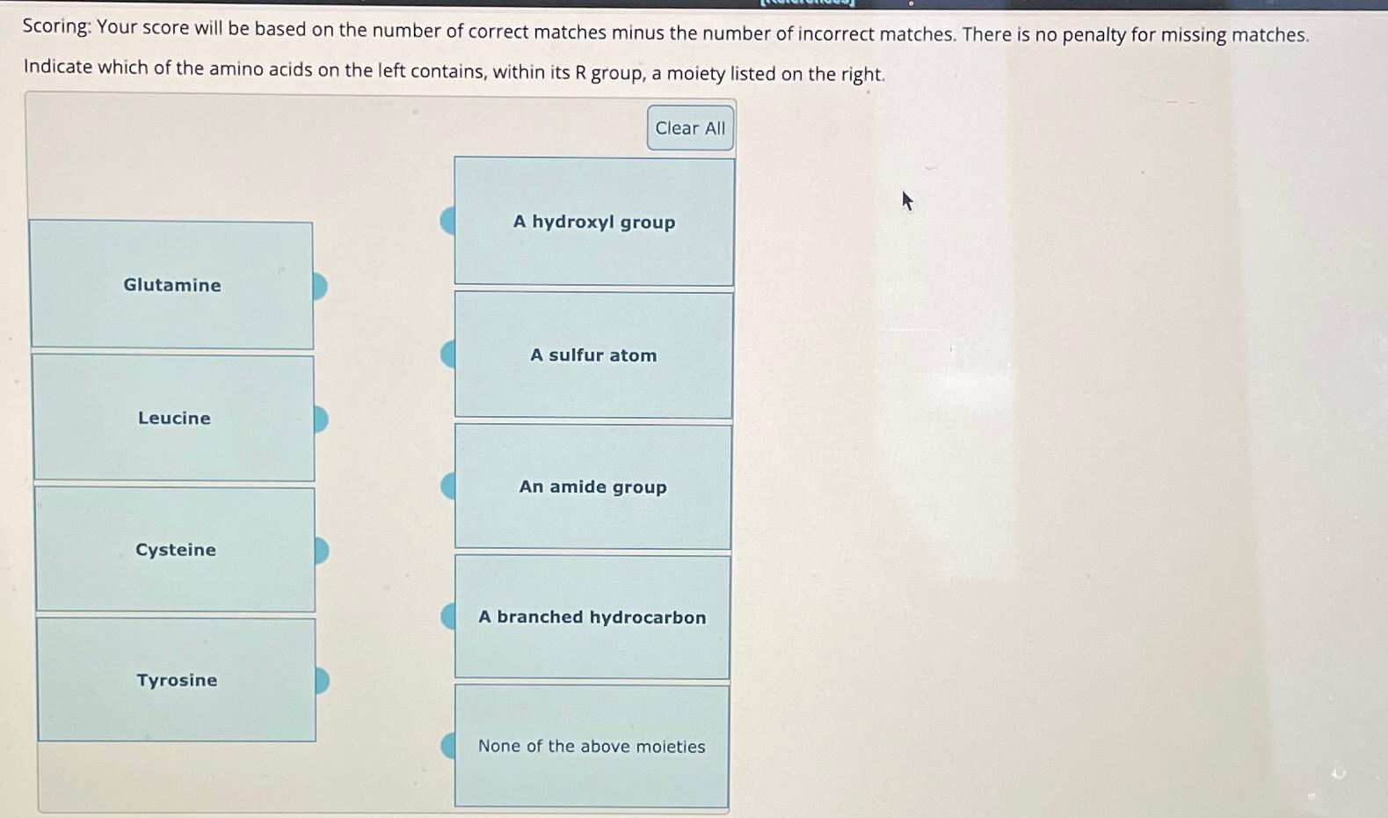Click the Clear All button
(x=690, y=128)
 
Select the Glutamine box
(x=172, y=285)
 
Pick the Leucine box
(x=174, y=418)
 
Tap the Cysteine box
(x=176, y=550)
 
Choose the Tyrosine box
(x=177, y=680)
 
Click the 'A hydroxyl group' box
(x=594, y=222)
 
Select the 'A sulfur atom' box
(x=593, y=355)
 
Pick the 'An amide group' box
(x=592, y=487)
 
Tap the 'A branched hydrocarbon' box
(x=592, y=617)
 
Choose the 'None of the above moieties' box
(x=592, y=747)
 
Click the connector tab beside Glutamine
(x=320, y=286)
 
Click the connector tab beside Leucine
(x=321, y=419)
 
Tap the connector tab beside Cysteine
(x=322, y=551)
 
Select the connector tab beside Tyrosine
(x=323, y=681)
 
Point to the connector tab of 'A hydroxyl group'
(x=447, y=221)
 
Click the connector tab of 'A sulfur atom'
(x=447, y=354)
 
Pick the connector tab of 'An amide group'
(x=447, y=486)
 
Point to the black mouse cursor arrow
(x=907, y=201)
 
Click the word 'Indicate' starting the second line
(x=57, y=67)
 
